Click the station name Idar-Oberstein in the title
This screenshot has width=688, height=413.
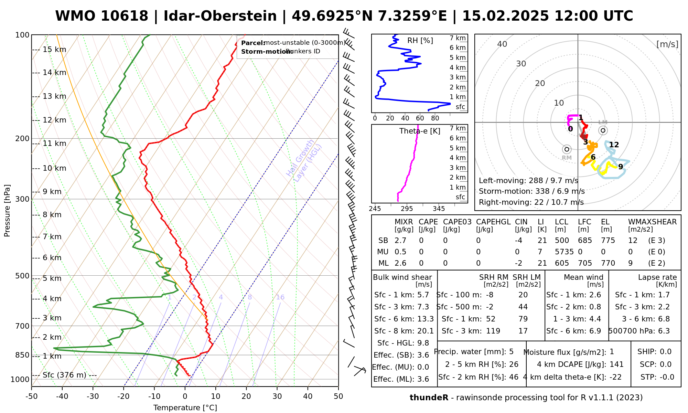click(x=220, y=16)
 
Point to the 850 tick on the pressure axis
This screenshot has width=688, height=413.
click(x=22, y=355)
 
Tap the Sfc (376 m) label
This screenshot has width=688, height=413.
click(x=64, y=375)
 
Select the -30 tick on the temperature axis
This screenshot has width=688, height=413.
click(x=93, y=396)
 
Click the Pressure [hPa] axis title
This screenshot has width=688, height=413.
click(x=7, y=211)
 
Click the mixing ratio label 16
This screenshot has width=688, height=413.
click(x=280, y=297)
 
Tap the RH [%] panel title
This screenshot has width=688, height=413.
click(x=420, y=41)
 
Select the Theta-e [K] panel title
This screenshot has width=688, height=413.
click(x=420, y=131)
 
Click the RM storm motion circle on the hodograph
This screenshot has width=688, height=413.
click(x=567, y=149)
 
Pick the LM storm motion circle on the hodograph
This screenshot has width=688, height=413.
click(x=603, y=130)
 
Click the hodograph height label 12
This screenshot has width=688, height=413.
click(x=614, y=145)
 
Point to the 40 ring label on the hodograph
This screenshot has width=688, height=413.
click(x=502, y=44)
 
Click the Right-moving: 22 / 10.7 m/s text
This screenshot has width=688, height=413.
click(x=531, y=202)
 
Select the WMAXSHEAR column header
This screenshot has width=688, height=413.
click(x=652, y=222)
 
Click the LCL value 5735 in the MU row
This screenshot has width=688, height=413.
click(x=564, y=252)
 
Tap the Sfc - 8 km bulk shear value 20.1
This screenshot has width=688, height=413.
click(x=426, y=331)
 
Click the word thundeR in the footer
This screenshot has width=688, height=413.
click(x=429, y=398)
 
